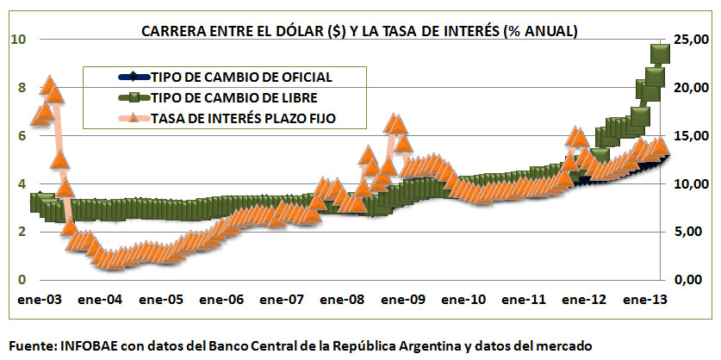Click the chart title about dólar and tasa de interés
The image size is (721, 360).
[x=359, y=31]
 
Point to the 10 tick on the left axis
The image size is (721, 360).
[x=18, y=39]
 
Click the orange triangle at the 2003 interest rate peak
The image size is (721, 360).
[x=49, y=84]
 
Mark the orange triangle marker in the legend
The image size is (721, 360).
[x=138, y=119]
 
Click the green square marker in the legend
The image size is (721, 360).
[x=138, y=97]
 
